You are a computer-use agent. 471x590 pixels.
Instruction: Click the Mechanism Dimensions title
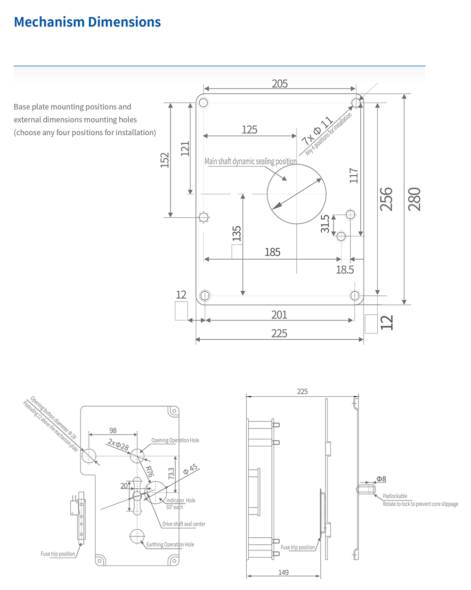[x=88, y=22]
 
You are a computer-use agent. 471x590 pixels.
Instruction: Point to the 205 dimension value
[x=280, y=83]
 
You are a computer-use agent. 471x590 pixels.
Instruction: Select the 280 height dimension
[x=414, y=199]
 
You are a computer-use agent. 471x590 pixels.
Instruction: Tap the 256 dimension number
[x=386, y=199]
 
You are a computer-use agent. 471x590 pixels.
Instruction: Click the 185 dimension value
[x=272, y=252]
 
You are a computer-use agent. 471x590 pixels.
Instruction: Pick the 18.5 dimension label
[x=345, y=270]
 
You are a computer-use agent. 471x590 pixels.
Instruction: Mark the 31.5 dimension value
[x=325, y=224]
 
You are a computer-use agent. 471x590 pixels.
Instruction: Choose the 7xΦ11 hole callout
[x=317, y=130]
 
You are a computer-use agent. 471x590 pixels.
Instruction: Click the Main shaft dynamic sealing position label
[x=251, y=161]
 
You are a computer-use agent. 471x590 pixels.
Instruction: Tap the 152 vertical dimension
[x=164, y=160]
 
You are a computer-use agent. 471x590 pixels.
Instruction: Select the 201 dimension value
[x=279, y=314]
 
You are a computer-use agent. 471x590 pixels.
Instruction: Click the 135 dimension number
[x=237, y=233]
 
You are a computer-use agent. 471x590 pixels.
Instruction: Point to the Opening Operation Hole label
[x=175, y=440]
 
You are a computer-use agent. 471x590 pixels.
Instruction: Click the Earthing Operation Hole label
[x=170, y=544]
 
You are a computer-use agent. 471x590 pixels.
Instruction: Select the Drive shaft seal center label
[x=184, y=524]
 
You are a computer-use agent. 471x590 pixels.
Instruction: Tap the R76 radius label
[x=149, y=472]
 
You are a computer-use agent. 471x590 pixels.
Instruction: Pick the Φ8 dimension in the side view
[x=381, y=479]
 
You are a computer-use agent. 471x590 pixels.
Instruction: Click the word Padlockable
[x=395, y=496]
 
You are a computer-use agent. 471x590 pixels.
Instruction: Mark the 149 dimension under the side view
[x=283, y=573]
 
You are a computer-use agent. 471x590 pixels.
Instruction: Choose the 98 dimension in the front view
[x=113, y=431]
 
